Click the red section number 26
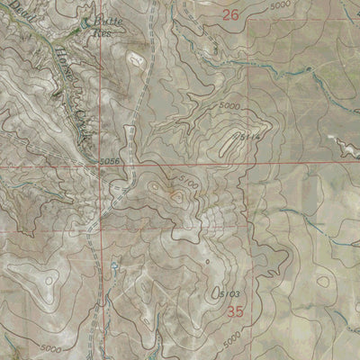click(230, 14)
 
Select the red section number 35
click(236, 311)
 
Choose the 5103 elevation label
click(230, 294)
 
